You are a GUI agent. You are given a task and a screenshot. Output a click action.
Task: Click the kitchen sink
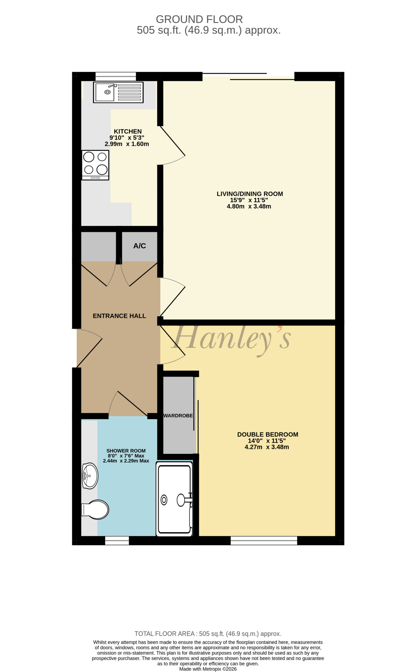pyautogui.click(x=118, y=92)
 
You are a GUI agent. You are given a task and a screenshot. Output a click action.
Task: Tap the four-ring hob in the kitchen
pyautogui.click(x=95, y=165)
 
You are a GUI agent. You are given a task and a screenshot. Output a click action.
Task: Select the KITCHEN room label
pyautogui.click(x=128, y=131)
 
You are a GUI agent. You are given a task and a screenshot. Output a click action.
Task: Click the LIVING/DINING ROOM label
pyautogui.click(x=250, y=194)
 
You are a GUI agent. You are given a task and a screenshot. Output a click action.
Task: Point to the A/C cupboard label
pyautogui.click(x=140, y=246)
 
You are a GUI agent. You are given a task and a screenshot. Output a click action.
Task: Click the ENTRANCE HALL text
pyautogui.click(x=119, y=316)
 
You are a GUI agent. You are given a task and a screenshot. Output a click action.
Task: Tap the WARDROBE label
pyautogui.click(x=178, y=416)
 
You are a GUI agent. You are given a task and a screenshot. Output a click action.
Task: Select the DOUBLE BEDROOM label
pyautogui.click(x=268, y=434)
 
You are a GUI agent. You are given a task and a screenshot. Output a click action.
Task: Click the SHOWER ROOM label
pyautogui.click(x=126, y=451)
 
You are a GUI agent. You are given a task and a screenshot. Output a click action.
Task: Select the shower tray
pyautogui.click(x=174, y=499)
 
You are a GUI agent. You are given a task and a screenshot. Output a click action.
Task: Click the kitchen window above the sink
pyautogui.click(x=116, y=76)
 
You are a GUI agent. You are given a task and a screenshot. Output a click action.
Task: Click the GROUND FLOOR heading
pyautogui.click(x=199, y=19)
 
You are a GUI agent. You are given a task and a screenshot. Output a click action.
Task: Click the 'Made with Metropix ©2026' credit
pyautogui.click(x=208, y=669)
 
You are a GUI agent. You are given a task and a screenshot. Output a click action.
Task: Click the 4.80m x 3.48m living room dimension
pyautogui.click(x=249, y=206)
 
